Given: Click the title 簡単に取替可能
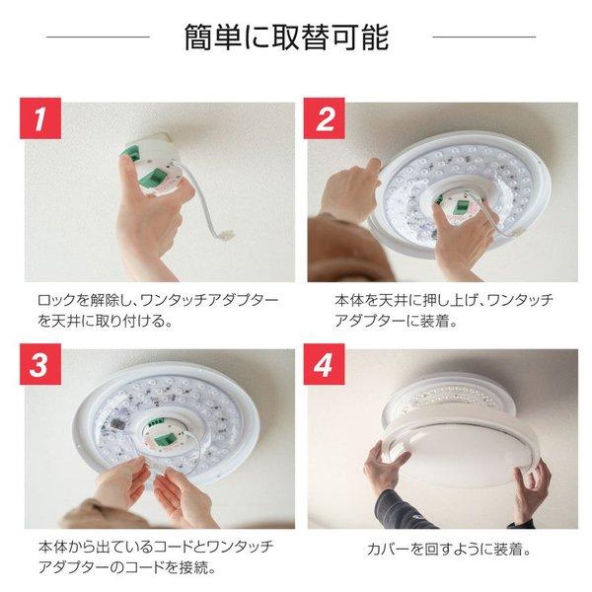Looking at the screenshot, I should pyautogui.click(x=286, y=38).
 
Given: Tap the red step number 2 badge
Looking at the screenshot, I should pyautogui.click(x=326, y=122).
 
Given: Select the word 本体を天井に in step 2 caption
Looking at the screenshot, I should pyautogui.click(x=374, y=299).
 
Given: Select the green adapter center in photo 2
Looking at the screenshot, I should pyautogui.click(x=457, y=205).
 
